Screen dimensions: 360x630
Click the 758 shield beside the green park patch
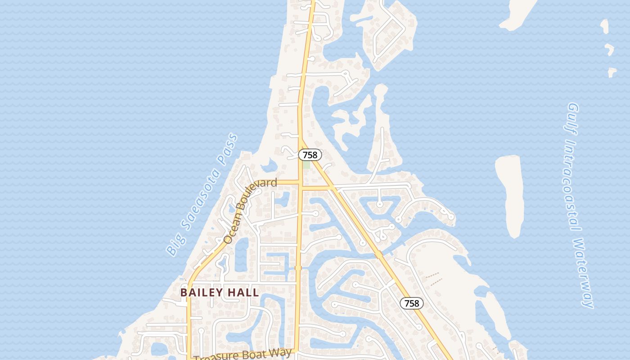[x=310, y=155]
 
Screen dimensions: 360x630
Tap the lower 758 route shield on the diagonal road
[x=411, y=303]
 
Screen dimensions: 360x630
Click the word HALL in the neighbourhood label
[x=243, y=292]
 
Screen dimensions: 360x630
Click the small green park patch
[x=306, y=165]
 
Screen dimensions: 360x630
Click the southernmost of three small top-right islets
[x=612, y=72]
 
